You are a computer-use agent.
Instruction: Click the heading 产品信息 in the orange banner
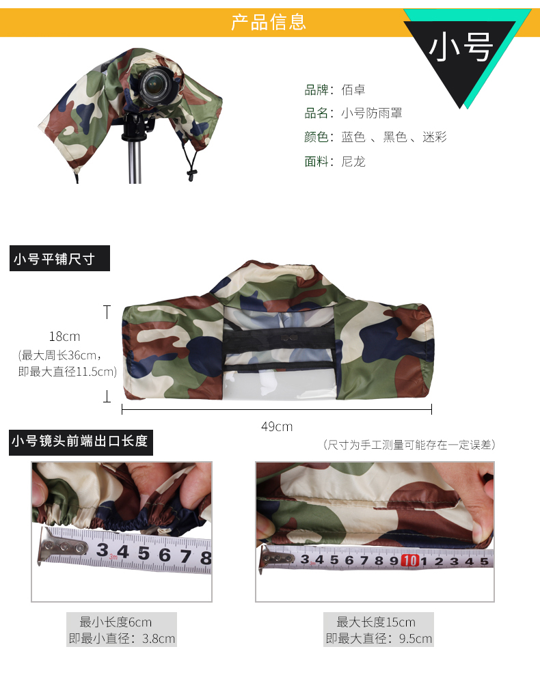[x=269, y=22]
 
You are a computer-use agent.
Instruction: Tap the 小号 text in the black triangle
[x=460, y=47]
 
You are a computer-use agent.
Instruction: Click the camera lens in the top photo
[x=155, y=85]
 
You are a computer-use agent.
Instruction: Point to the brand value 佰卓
[x=353, y=89]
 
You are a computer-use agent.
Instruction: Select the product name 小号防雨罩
[x=372, y=113]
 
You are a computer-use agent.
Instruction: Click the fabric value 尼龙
[x=353, y=161]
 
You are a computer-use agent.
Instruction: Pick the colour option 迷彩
[x=435, y=137]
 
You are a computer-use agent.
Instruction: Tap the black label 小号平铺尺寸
[x=59, y=258]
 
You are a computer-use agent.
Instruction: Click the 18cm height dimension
[x=64, y=336]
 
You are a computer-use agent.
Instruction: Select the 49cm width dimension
[x=277, y=426]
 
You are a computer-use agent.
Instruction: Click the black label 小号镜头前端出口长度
[x=81, y=442]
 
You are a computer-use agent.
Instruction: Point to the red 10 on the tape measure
[x=409, y=560]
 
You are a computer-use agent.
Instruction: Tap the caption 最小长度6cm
[x=116, y=622]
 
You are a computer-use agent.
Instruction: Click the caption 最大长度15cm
[x=376, y=622]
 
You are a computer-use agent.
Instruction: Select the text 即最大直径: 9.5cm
[x=379, y=638]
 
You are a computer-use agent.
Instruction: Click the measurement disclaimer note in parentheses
[x=409, y=445]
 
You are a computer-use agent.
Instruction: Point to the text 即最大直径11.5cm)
[x=68, y=372]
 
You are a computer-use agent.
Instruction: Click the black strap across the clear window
[x=279, y=338]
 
